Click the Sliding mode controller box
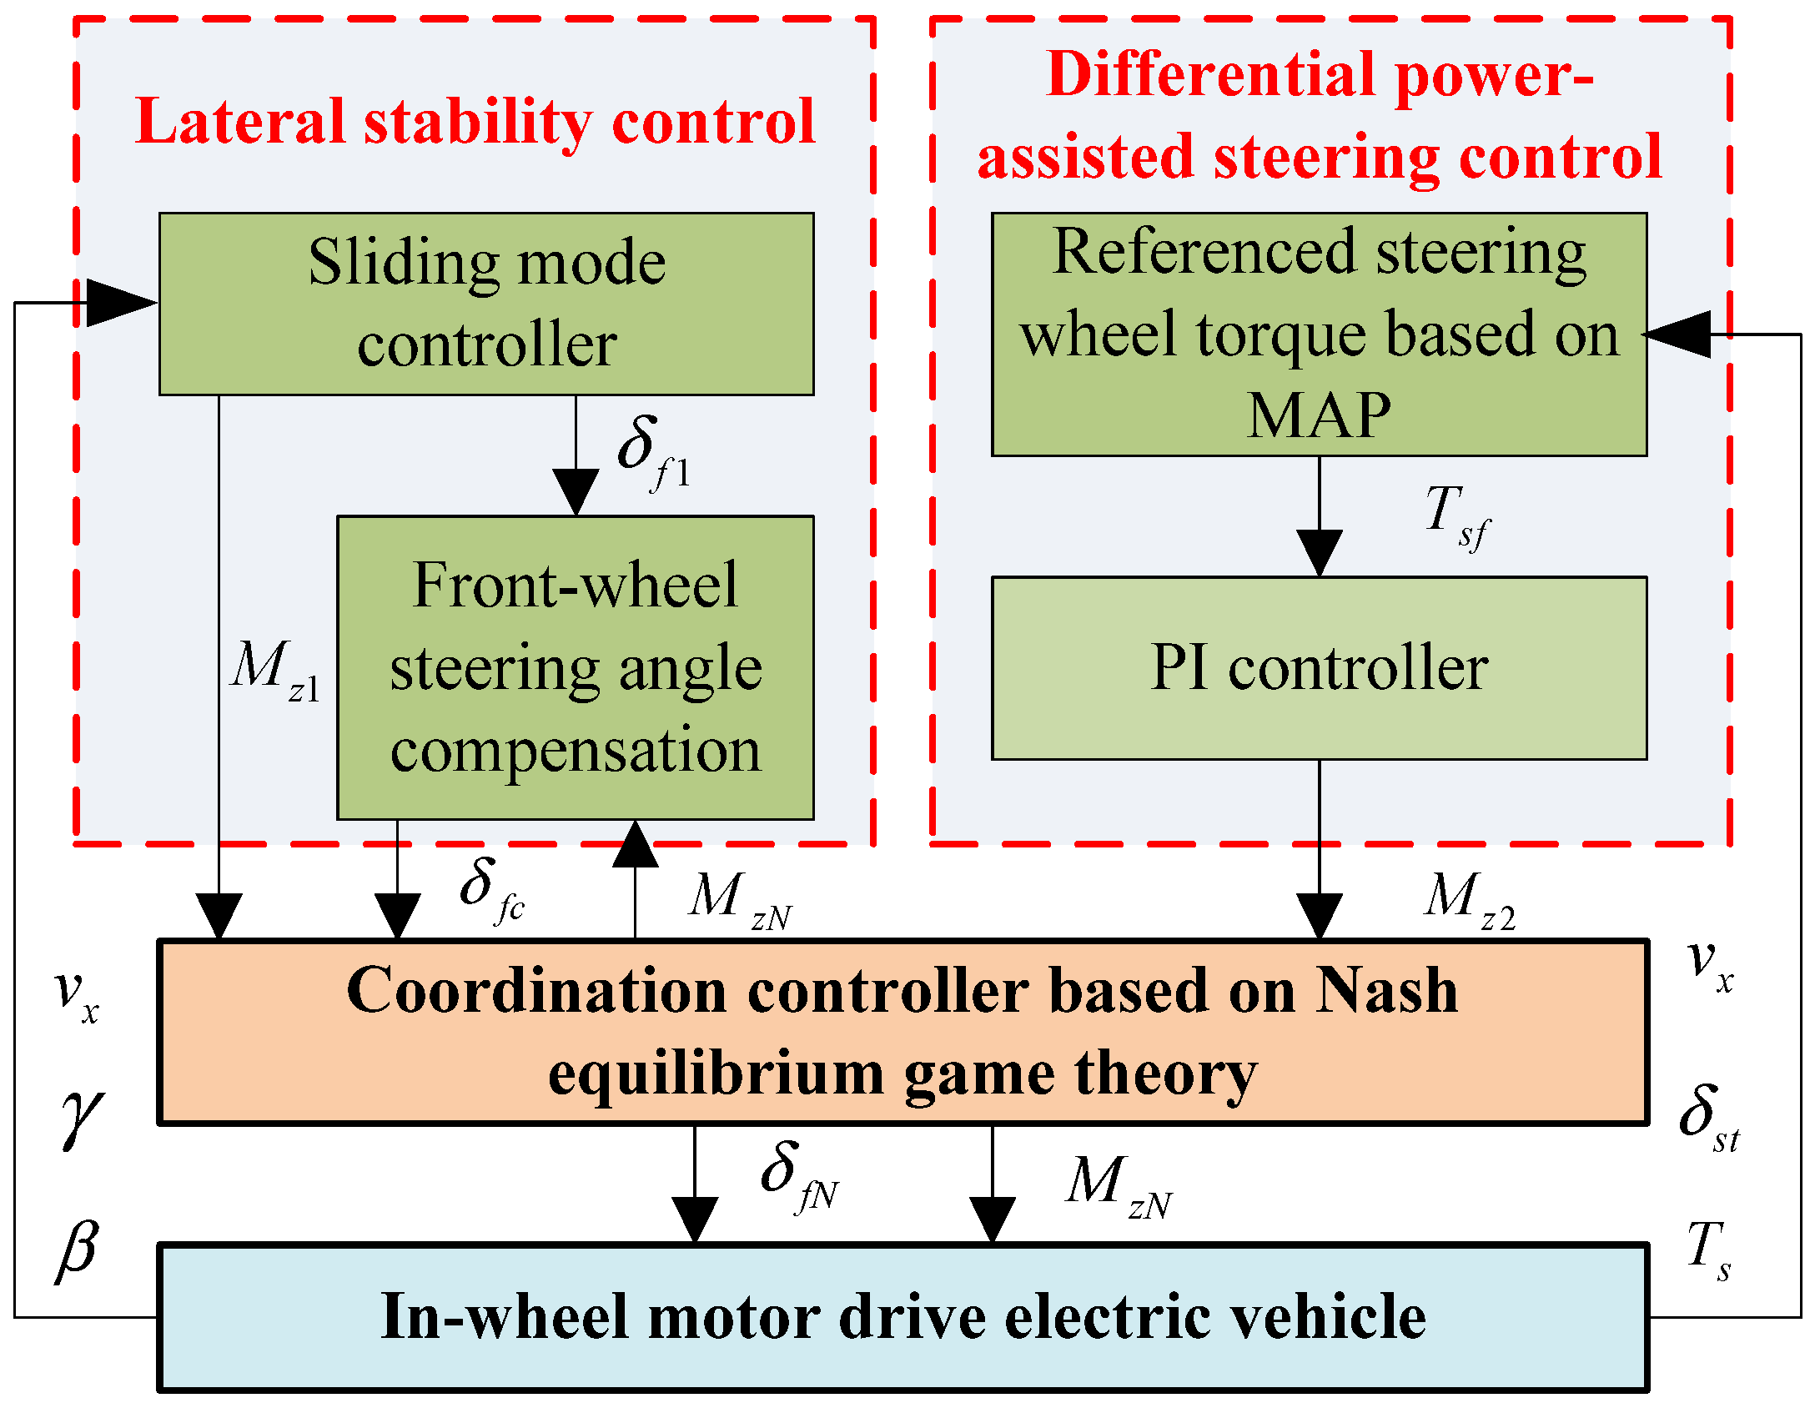coord(486,304)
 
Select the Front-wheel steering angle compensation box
coord(575,667)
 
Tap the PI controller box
coord(1319,667)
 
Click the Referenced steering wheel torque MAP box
coord(1319,334)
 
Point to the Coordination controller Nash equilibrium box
coord(902,1032)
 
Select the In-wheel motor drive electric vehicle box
coord(902,1317)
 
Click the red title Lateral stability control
coord(475,122)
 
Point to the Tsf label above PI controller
coord(1456,517)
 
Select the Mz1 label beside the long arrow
coord(274,672)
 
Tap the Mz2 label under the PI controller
coord(1468,901)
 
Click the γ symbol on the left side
coord(81,1118)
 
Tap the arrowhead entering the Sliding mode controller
coord(121,303)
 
